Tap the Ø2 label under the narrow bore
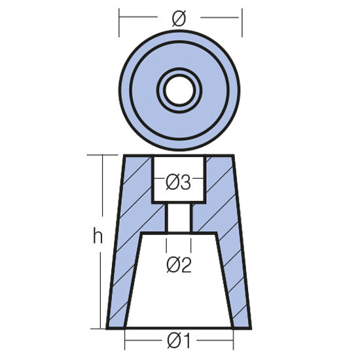click(179, 265)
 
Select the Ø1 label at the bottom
click(179, 341)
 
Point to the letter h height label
click(98, 238)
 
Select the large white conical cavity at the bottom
click(178, 288)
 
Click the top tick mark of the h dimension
click(104, 155)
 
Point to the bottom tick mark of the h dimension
click(104, 327)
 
